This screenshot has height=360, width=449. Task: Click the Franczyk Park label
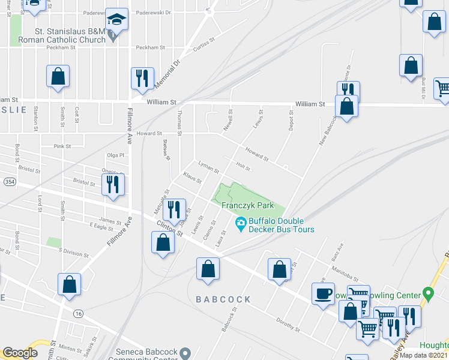pyautogui.click(x=244, y=206)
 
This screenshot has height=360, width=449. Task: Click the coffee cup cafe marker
pyautogui.click(x=323, y=294)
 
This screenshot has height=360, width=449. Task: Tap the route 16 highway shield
pyautogui.click(x=78, y=314)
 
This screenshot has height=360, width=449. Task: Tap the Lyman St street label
pyautogui.click(x=208, y=167)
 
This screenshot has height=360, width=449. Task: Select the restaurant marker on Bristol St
pyautogui.click(x=112, y=187)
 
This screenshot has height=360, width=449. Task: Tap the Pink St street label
pyautogui.click(x=62, y=146)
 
